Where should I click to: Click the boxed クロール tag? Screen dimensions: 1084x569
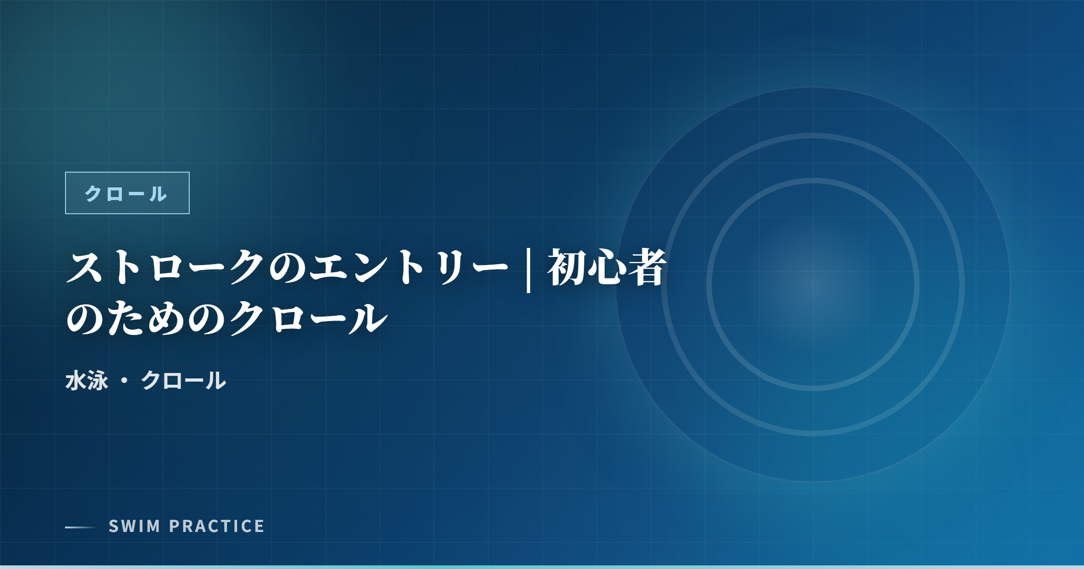(127, 193)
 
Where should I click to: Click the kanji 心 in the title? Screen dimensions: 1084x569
(607, 267)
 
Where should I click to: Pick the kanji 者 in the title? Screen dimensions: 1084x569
(647, 267)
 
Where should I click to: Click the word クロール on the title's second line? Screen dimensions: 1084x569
(308, 318)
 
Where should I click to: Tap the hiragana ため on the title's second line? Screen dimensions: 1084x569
(147, 318)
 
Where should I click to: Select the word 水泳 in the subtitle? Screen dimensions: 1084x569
(87, 380)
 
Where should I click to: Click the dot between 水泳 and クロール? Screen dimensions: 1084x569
(125, 380)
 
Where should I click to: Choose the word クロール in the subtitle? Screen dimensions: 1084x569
(183, 380)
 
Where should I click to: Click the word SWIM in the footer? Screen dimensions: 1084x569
(135, 526)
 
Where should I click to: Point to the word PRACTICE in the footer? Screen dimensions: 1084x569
(217, 526)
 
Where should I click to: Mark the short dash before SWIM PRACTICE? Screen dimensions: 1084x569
(81, 527)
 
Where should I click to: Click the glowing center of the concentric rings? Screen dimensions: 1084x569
(813, 284)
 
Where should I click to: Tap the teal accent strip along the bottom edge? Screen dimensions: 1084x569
(542, 567)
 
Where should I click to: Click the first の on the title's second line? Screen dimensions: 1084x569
(86, 318)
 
